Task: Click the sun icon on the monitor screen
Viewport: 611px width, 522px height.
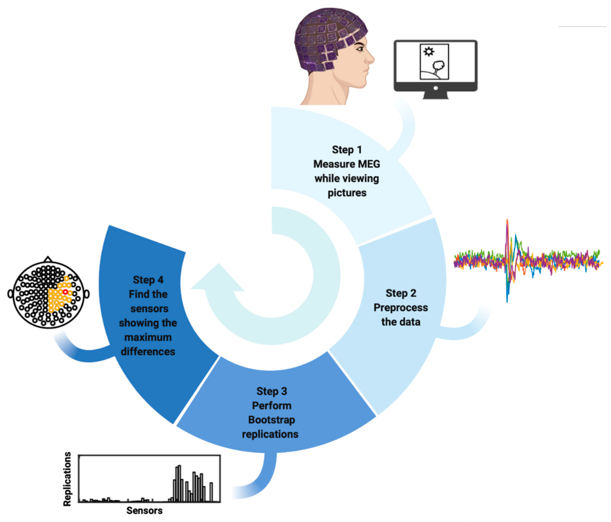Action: [429, 52]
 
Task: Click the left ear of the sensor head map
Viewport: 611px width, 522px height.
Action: [10, 294]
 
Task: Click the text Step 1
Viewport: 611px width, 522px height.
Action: [347, 150]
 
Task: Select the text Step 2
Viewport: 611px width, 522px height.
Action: [401, 293]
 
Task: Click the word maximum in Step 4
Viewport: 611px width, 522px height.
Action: [148, 337]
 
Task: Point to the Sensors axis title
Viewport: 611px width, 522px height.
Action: [144, 511]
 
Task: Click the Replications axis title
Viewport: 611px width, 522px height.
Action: [67, 479]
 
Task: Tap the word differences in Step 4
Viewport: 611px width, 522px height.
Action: [148, 352]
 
